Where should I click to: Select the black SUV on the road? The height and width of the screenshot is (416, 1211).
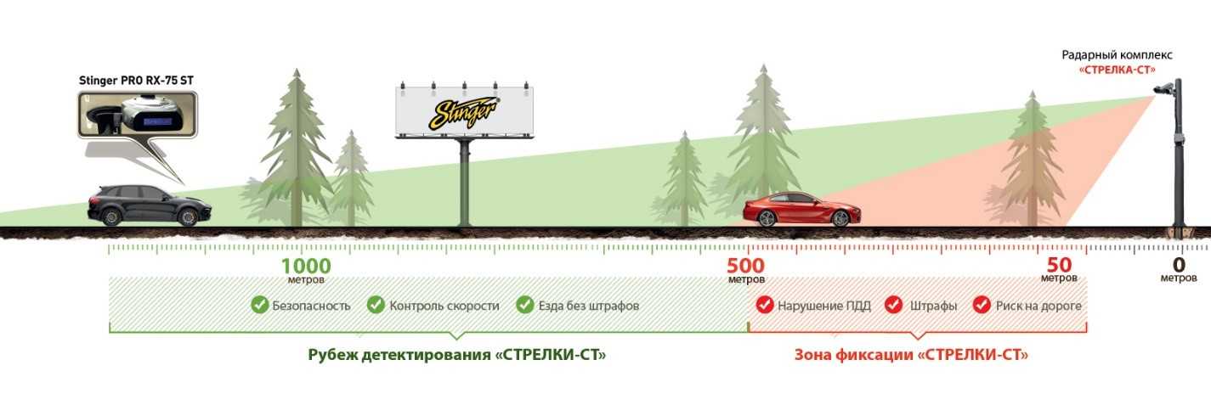[x=149, y=205]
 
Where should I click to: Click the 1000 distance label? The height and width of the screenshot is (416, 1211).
[x=306, y=266]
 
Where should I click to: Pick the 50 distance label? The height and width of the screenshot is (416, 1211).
[x=1059, y=266]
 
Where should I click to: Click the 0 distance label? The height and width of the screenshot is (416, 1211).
[x=1179, y=265]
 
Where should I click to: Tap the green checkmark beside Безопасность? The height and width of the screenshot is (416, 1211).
[x=259, y=305]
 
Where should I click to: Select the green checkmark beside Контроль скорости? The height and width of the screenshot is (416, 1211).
[x=376, y=305]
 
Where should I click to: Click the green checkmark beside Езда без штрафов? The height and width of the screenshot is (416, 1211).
[x=524, y=305]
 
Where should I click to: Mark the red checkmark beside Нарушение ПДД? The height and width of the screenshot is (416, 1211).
[x=764, y=305]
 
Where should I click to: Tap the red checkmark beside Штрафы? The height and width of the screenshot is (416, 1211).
[x=893, y=305]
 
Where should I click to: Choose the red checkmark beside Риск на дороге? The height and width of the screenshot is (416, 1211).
[x=982, y=305]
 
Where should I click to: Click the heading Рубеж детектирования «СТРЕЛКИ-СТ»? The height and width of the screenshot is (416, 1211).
[x=457, y=354]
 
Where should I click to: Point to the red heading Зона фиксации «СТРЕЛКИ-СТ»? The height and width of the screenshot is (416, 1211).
[x=911, y=354]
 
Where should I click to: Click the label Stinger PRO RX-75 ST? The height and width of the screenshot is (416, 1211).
[x=136, y=81]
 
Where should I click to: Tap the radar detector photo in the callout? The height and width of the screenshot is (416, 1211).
[x=136, y=115]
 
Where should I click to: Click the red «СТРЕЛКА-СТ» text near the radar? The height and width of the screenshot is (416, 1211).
[x=1117, y=69]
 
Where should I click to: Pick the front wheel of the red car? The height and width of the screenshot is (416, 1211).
[x=840, y=218]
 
